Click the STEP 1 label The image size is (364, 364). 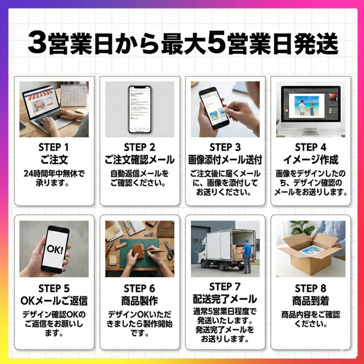(53, 147)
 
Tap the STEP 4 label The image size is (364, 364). (311, 147)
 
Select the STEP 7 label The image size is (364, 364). (225, 287)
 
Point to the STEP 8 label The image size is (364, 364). (311, 288)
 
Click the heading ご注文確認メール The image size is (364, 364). (140, 160)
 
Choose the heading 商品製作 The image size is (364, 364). (140, 301)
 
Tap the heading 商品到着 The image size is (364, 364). (311, 301)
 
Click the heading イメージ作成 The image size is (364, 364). (311, 160)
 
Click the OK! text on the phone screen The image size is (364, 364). (55, 250)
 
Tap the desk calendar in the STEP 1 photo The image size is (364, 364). (74, 95)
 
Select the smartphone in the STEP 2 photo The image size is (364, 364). (140, 109)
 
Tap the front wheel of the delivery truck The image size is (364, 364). (207, 264)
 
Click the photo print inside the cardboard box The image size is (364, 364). (312, 251)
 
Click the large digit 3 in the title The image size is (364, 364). (37, 43)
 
